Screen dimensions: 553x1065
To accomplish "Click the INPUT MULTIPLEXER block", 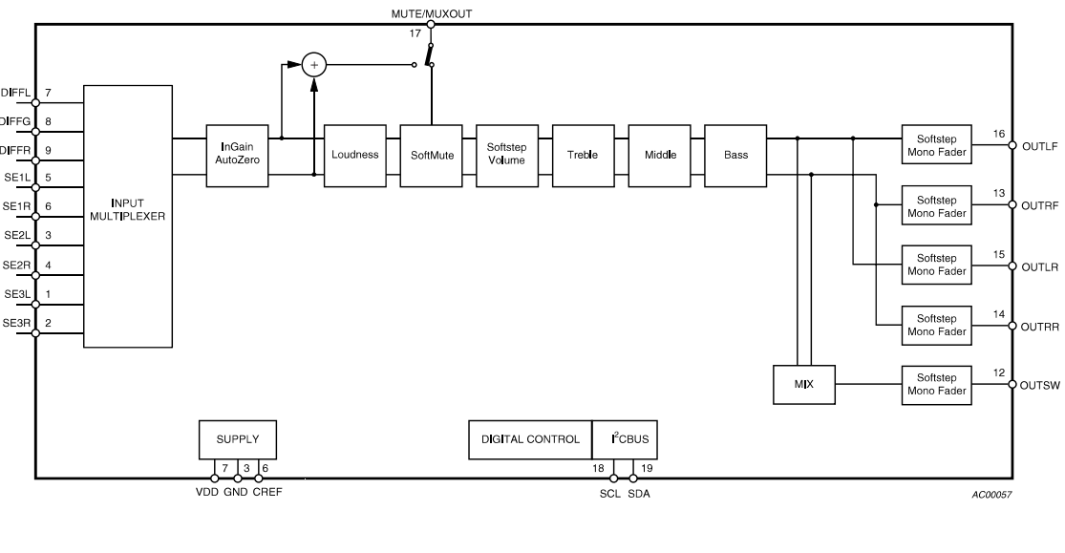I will click(x=128, y=215).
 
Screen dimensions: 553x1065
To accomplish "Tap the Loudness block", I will click(x=355, y=154).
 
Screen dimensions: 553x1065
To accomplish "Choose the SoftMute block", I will click(x=431, y=154).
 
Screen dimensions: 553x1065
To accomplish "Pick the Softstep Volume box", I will click(x=507, y=154).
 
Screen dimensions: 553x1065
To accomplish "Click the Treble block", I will click(x=584, y=154).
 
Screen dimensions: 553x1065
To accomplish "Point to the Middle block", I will click(x=660, y=154).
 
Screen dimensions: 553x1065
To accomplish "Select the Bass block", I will click(x=736, y=154).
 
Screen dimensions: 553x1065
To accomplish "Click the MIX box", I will click(x=804, y=384).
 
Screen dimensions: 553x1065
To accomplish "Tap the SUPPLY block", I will click(x=237, y=439).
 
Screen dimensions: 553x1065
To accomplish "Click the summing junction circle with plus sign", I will click(x=313, y=65).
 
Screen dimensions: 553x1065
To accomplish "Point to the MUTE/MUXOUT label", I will click(x=431, y=14).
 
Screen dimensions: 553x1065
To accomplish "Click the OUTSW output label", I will click(x=1040, y=386).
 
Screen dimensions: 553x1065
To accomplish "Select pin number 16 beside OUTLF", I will click(x=999, y=135).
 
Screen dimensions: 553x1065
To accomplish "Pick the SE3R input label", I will click(x=16, y=324).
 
